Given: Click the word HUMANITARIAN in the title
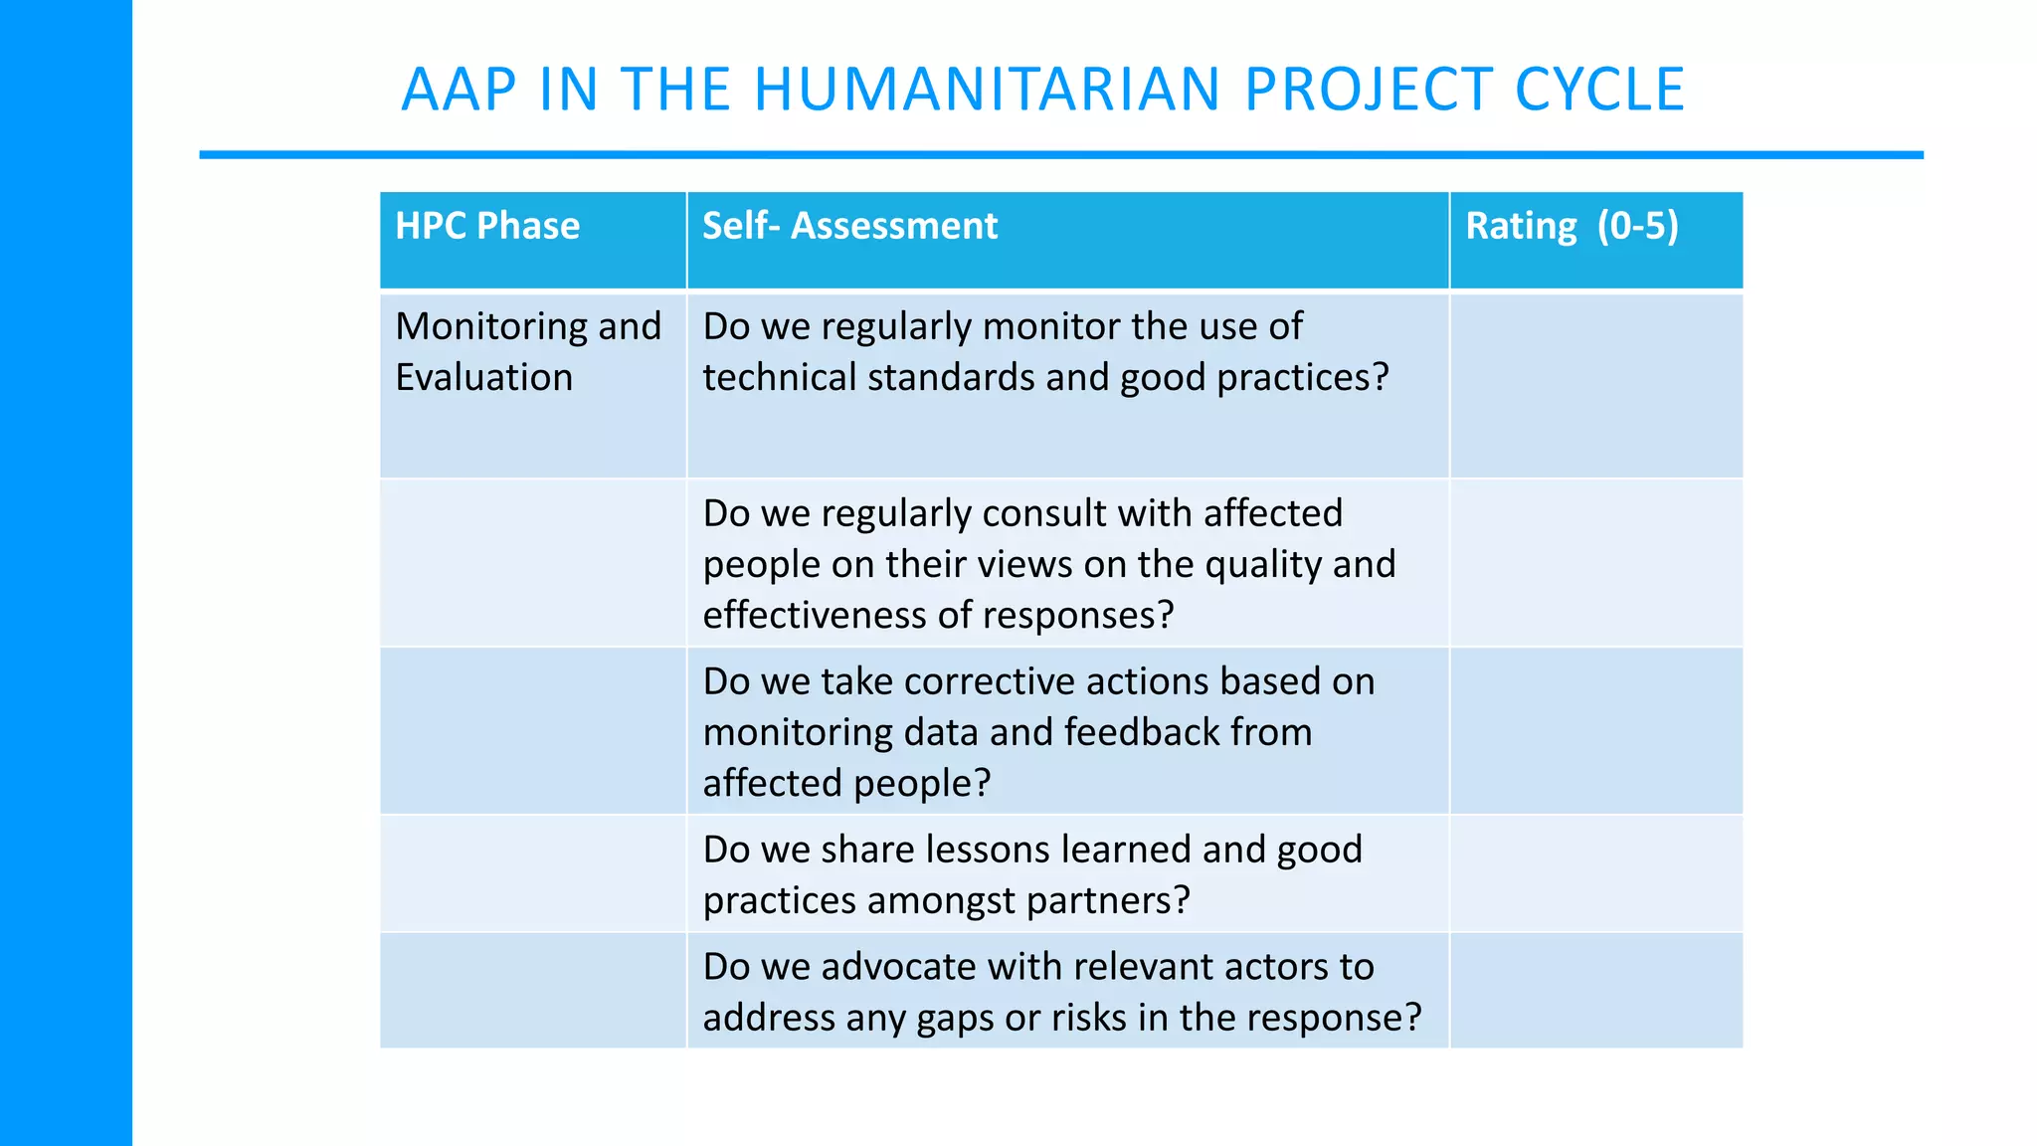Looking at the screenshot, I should point(987,90).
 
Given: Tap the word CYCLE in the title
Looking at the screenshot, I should point(1599,90).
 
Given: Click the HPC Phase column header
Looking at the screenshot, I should point(487,227).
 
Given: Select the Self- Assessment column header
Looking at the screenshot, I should point(849,227).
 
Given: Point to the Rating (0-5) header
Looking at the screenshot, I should point(1572,227).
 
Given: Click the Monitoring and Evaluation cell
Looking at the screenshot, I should point(528,352).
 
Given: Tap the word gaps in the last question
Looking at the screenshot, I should point(952,1018).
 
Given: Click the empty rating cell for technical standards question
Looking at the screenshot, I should point(1595,386).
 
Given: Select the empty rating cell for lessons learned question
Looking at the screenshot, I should point(1595,873).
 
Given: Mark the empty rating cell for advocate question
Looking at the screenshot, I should point(1595,991).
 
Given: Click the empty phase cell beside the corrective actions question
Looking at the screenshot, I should point(532,731).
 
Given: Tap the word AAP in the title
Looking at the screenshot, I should point(459,90).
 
